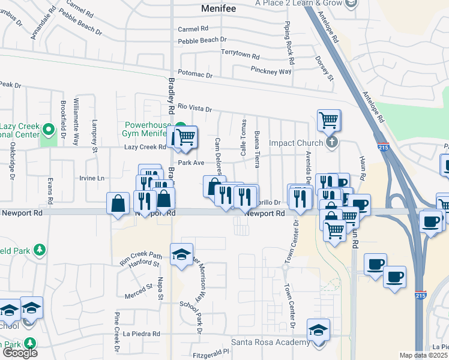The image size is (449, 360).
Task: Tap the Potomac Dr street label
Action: pos(196,76)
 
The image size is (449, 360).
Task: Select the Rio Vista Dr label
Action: pos(195,108)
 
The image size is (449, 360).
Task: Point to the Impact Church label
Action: pos(295,143)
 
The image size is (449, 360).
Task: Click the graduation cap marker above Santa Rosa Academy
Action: pos(318,329)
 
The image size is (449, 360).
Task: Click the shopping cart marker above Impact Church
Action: pos(328,121)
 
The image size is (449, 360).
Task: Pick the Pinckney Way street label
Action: pos(271,71)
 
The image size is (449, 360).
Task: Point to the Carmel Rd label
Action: pos(193,29)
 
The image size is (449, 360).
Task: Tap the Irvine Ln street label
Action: pos(92,178)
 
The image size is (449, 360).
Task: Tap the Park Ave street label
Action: pos(191,163)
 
